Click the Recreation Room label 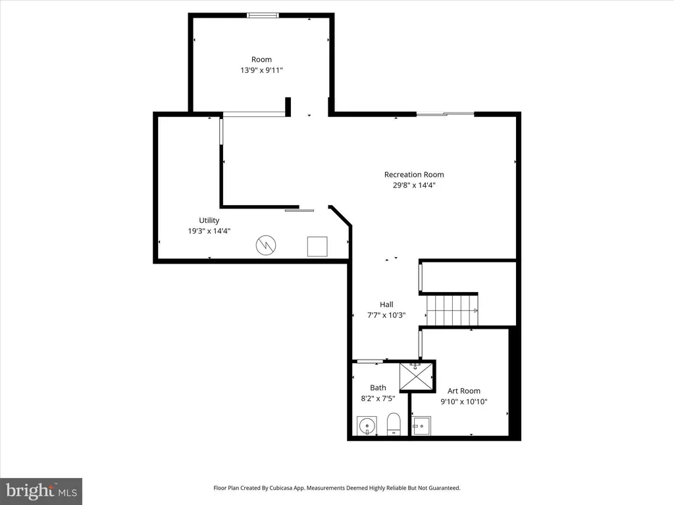coord(414,174)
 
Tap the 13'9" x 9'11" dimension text coord(261,70)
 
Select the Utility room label coord(209,220)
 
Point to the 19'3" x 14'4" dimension coord(209,231)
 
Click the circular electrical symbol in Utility coord(266,245)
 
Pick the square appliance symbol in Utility coord(317,247)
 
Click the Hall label coord(386,304)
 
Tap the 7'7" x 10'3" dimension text coord(386,315)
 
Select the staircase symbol coord(452,310)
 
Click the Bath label coord(378,388)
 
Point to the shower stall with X coord(416,377)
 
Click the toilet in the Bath coord(394,424)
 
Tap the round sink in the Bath coord(367,426)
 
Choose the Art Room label coord(464,391)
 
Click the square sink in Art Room coord(421,425)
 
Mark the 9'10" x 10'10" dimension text coord(464,402)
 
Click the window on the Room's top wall coord(263,16)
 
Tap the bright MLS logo coord(41,491)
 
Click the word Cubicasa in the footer coord(281,488)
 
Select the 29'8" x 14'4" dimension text coord(414,185)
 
